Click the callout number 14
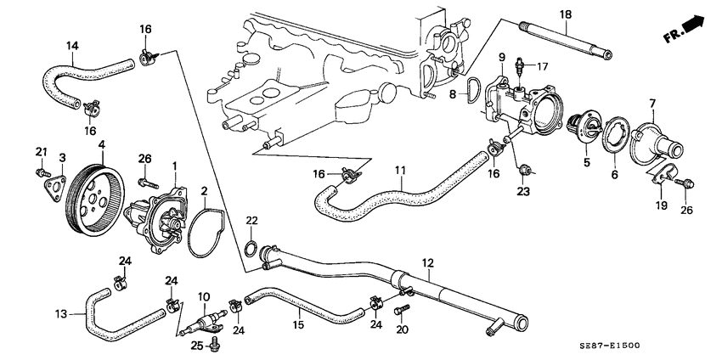[72, 45]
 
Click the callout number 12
[426, 264]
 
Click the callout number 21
[40, 151]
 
